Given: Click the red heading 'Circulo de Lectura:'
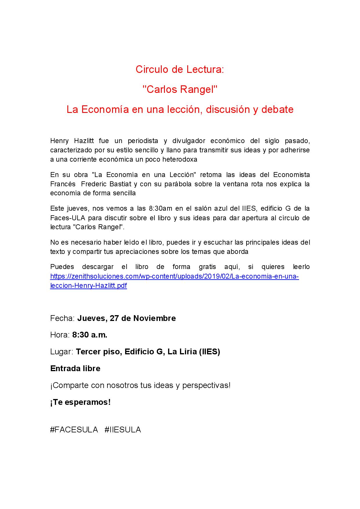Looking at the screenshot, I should (180, 70).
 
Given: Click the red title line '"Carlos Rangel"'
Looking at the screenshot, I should (180, 89).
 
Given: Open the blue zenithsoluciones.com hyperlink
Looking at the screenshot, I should (174, 276).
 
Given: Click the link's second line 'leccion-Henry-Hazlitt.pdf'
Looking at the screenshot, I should (89, 286).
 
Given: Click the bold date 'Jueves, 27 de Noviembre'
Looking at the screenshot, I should (126, 318).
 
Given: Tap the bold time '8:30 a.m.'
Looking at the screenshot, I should (90, 335).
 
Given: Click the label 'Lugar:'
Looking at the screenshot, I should (62, 352).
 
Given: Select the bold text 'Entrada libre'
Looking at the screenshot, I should (75, 369).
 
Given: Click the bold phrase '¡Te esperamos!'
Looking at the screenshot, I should (80, 402).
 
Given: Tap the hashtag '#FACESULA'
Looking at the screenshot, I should (74, 430).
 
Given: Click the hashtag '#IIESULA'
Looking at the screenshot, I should (123, 430).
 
